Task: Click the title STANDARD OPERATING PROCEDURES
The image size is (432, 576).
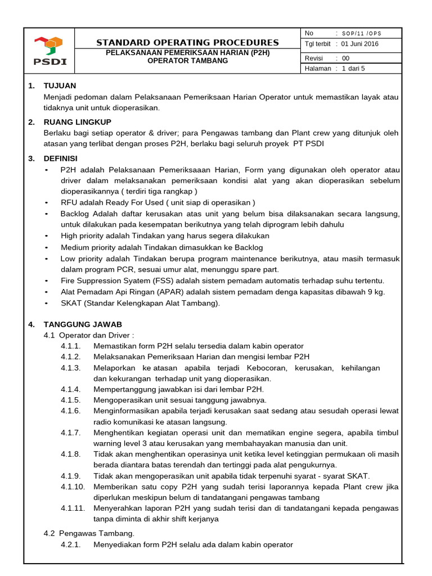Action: (187, 43)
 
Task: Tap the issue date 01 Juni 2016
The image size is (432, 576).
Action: (360, 44)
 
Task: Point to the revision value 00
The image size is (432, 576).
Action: (345, 58)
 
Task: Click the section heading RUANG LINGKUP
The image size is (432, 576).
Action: (78, 122)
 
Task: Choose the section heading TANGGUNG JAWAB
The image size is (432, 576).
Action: (83, 325)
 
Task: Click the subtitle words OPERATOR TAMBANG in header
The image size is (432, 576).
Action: (187, 61)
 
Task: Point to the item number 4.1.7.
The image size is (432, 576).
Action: (71, 433)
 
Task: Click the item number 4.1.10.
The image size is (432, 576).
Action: (73, 487)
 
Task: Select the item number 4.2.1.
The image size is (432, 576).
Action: (71, 544)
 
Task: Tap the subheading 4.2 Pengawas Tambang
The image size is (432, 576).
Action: (89, 533)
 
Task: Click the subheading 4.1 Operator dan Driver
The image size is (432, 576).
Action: (89, 335)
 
